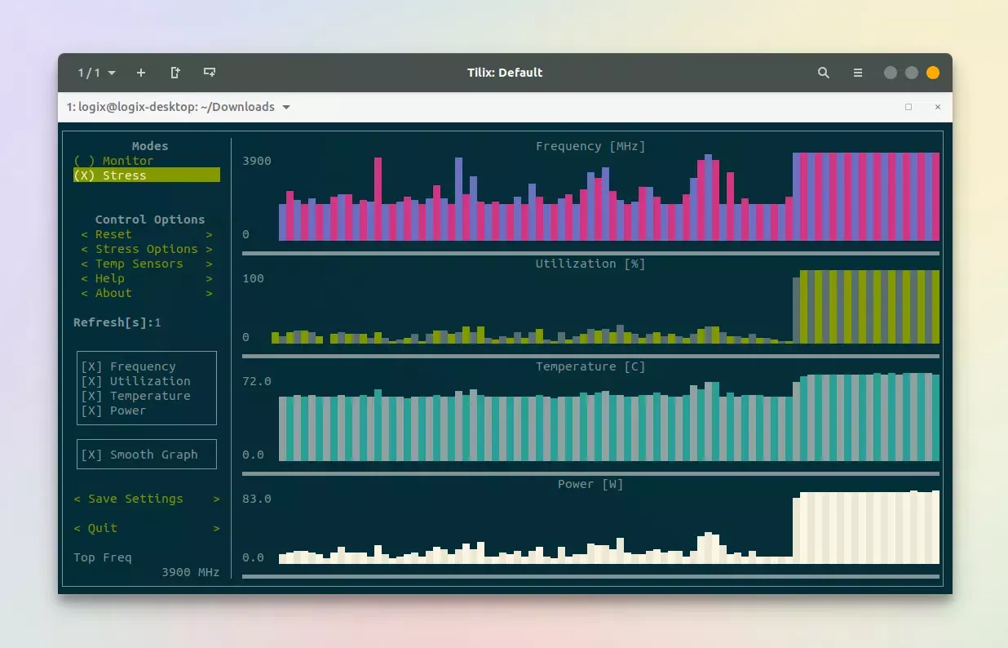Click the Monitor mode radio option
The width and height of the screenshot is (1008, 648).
point(113,161)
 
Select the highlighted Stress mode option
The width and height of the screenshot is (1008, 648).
point(113,175)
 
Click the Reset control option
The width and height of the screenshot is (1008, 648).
point(113,234)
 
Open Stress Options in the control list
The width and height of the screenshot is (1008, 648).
point(146,249)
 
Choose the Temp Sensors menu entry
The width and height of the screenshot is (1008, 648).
point(139,264)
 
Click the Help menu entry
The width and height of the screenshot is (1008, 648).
point(110,278)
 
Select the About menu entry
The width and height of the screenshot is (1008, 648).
point(113,293)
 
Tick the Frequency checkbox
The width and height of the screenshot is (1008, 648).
point(92,366)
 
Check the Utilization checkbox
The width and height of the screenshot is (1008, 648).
point(92,381)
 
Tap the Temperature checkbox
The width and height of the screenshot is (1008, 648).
point(92,396)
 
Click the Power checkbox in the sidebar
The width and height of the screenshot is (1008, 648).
point(92,411)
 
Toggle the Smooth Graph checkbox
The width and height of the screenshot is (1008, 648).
point(92,455)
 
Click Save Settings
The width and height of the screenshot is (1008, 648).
point(135,499)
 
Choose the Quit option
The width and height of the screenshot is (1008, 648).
point(103,528)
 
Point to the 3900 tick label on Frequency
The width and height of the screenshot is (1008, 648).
point(257,161)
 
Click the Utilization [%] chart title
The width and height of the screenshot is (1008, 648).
point(590,264)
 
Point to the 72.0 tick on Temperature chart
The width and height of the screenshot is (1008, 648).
point(257,381)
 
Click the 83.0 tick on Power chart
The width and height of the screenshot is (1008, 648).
point(257,499)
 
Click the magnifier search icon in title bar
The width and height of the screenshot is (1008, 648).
point(824,73)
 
